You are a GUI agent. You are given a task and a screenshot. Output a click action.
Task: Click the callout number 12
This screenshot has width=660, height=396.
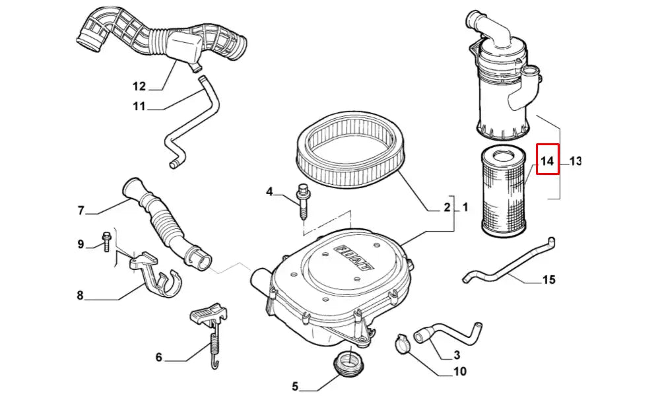pyautogui.click(x=139, y=86)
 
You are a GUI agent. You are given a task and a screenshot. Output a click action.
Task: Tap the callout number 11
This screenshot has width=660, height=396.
pyautogui.click(x=139, y=106)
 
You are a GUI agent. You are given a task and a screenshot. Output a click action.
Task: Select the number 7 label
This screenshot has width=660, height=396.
pyautogui.click(x=81, y=211)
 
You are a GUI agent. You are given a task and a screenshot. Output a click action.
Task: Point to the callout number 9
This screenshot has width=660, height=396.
pyautogui.click(x=81, y=245)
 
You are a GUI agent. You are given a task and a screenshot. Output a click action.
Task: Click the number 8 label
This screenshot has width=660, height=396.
pyautogui.click(x=80, y=296)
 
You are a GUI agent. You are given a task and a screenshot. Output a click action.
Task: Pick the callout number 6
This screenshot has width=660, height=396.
pyautogui.click(x=158, y=358)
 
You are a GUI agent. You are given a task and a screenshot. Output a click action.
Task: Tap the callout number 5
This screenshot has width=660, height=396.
pyautogui.click(x=295, y=386)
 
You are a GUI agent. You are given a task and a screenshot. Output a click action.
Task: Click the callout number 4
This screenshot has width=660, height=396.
pyautogui.click(x=269, y=192)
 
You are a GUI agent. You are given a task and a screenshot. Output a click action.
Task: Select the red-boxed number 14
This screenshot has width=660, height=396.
pyautogui.click(x=547, y=160)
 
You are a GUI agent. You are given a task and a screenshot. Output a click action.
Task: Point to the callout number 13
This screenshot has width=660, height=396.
pyautogui.click(x=575, y=160)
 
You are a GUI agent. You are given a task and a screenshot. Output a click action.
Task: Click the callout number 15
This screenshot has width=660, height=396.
pyautogui.click(x=548, y=280)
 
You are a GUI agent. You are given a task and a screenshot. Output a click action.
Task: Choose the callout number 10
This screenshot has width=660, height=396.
pyautogui.click(x=459, y=372)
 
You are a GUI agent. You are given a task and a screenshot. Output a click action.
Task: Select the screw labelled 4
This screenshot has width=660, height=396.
pyautogui.click(x=303, y=201)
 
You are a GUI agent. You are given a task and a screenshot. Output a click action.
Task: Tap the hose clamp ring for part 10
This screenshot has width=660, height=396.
pyautogui.click(x=403, y=341)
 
